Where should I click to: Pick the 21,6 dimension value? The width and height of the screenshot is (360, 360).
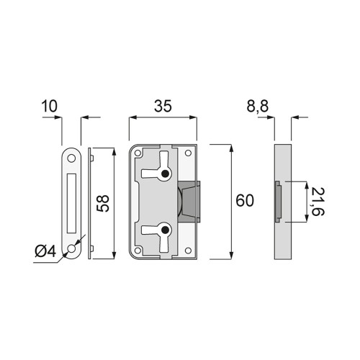coord(318,202)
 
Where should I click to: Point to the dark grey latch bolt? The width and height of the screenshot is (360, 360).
coord(189,202)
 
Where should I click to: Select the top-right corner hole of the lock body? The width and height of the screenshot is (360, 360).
coord(189,153)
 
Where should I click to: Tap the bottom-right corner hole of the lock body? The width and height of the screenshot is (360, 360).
coord(189,251)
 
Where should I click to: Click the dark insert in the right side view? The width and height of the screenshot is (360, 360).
coord(277,202)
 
